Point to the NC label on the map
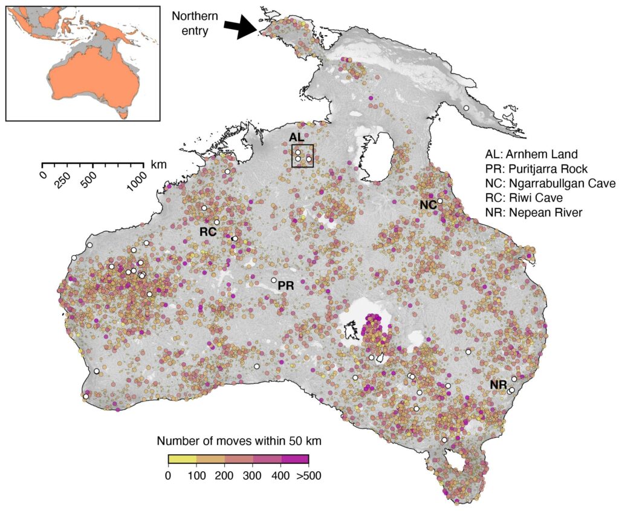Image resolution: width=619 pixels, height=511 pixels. [x=428, y=206]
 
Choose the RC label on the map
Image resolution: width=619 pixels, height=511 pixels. [x=208, y=231]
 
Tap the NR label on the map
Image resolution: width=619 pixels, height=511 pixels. [x=499, y=385]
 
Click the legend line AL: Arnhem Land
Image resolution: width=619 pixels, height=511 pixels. [x=533, y=154]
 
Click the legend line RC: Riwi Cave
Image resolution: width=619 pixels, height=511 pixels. [x=525, y=198]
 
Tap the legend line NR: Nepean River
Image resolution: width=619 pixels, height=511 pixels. [x=532, y=212]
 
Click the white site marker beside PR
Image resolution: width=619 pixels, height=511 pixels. [x=274, y=281]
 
